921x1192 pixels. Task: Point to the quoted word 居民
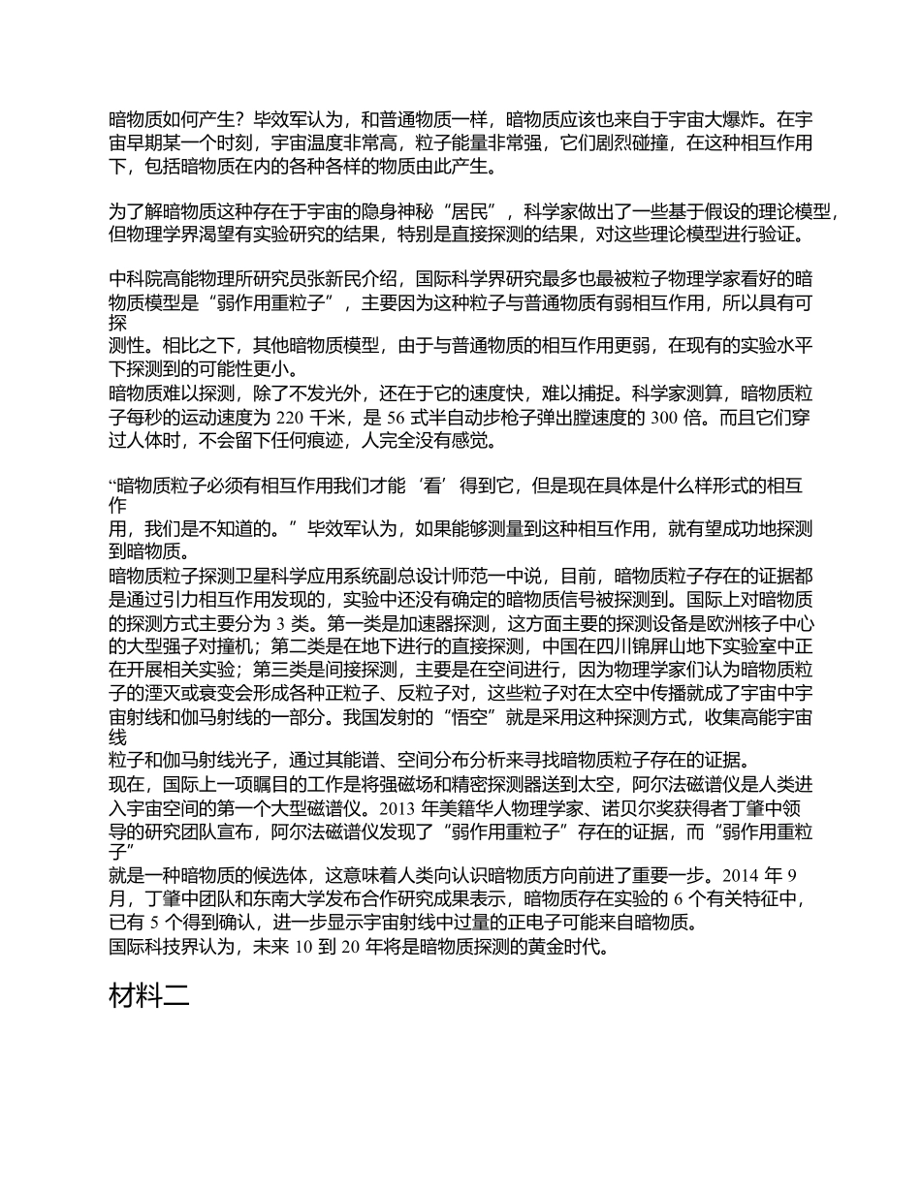coord(470,211)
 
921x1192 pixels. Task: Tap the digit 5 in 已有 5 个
coord(155,924)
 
